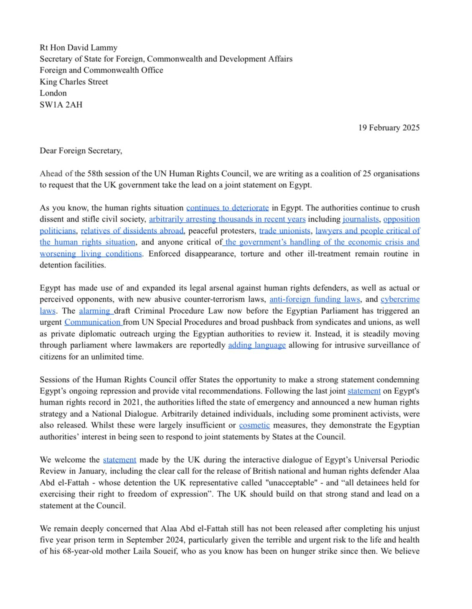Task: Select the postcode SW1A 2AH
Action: [61, 105]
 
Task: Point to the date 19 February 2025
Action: [388, 128]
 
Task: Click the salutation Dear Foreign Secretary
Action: [81, 151]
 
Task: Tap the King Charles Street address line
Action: [74, 82]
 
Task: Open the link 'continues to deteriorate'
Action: [227, 208]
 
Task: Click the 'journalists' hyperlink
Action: [360, 219]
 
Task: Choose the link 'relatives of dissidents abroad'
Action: [132, 231]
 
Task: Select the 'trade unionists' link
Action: [284, 231]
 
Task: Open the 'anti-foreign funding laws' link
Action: [315, 299]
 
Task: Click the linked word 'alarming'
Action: [96, 311]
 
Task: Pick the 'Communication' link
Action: [93, 322]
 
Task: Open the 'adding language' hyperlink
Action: [257, 345]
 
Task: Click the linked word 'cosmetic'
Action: [254, 425]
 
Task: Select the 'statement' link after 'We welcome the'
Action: [119, 460]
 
